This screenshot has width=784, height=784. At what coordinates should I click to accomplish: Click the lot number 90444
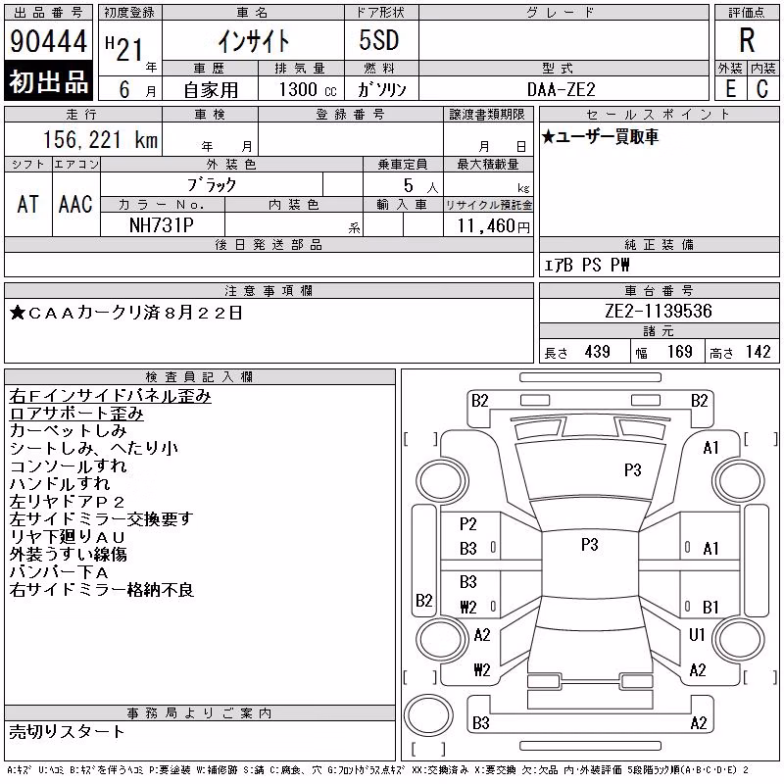(x=48, y=41)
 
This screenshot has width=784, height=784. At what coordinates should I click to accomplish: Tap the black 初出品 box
(x=48, y=81)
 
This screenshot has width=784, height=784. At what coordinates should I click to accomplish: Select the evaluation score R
(x=747, y=40)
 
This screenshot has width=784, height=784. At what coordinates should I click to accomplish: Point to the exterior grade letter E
(x=730, y=89)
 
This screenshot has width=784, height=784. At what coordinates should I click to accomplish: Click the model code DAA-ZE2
(x=561, y=89)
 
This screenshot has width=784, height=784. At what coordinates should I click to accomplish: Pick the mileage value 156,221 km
(x=100, y=139)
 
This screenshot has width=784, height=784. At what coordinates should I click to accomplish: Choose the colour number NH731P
(x=161, y=225)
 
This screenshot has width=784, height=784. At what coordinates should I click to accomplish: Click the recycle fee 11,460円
(x=493, y=226)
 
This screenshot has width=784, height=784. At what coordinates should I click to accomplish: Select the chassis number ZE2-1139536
(x=658, y=311)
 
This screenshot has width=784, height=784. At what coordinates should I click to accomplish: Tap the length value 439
(x=597, y=352)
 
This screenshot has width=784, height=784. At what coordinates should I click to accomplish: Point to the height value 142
(x=758, y=352)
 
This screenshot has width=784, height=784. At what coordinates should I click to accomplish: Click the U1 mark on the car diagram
(x=697, y=634)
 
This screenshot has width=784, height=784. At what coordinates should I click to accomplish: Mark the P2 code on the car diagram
(x=468, y=524)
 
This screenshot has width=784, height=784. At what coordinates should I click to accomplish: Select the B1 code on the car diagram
(x=710, y=607)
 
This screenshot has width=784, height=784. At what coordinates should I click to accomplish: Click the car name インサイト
(x=254, y=41)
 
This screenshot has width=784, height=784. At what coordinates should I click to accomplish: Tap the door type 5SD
(x=379, y=40)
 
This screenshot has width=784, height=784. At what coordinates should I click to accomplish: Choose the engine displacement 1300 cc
(x=308, y=89)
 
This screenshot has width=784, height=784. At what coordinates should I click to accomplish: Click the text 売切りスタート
(x=67, y=732)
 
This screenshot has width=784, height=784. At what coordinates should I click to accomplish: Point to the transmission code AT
(x=28, y=205)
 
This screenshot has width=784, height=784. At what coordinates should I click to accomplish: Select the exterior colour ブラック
(x=212, y=185)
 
